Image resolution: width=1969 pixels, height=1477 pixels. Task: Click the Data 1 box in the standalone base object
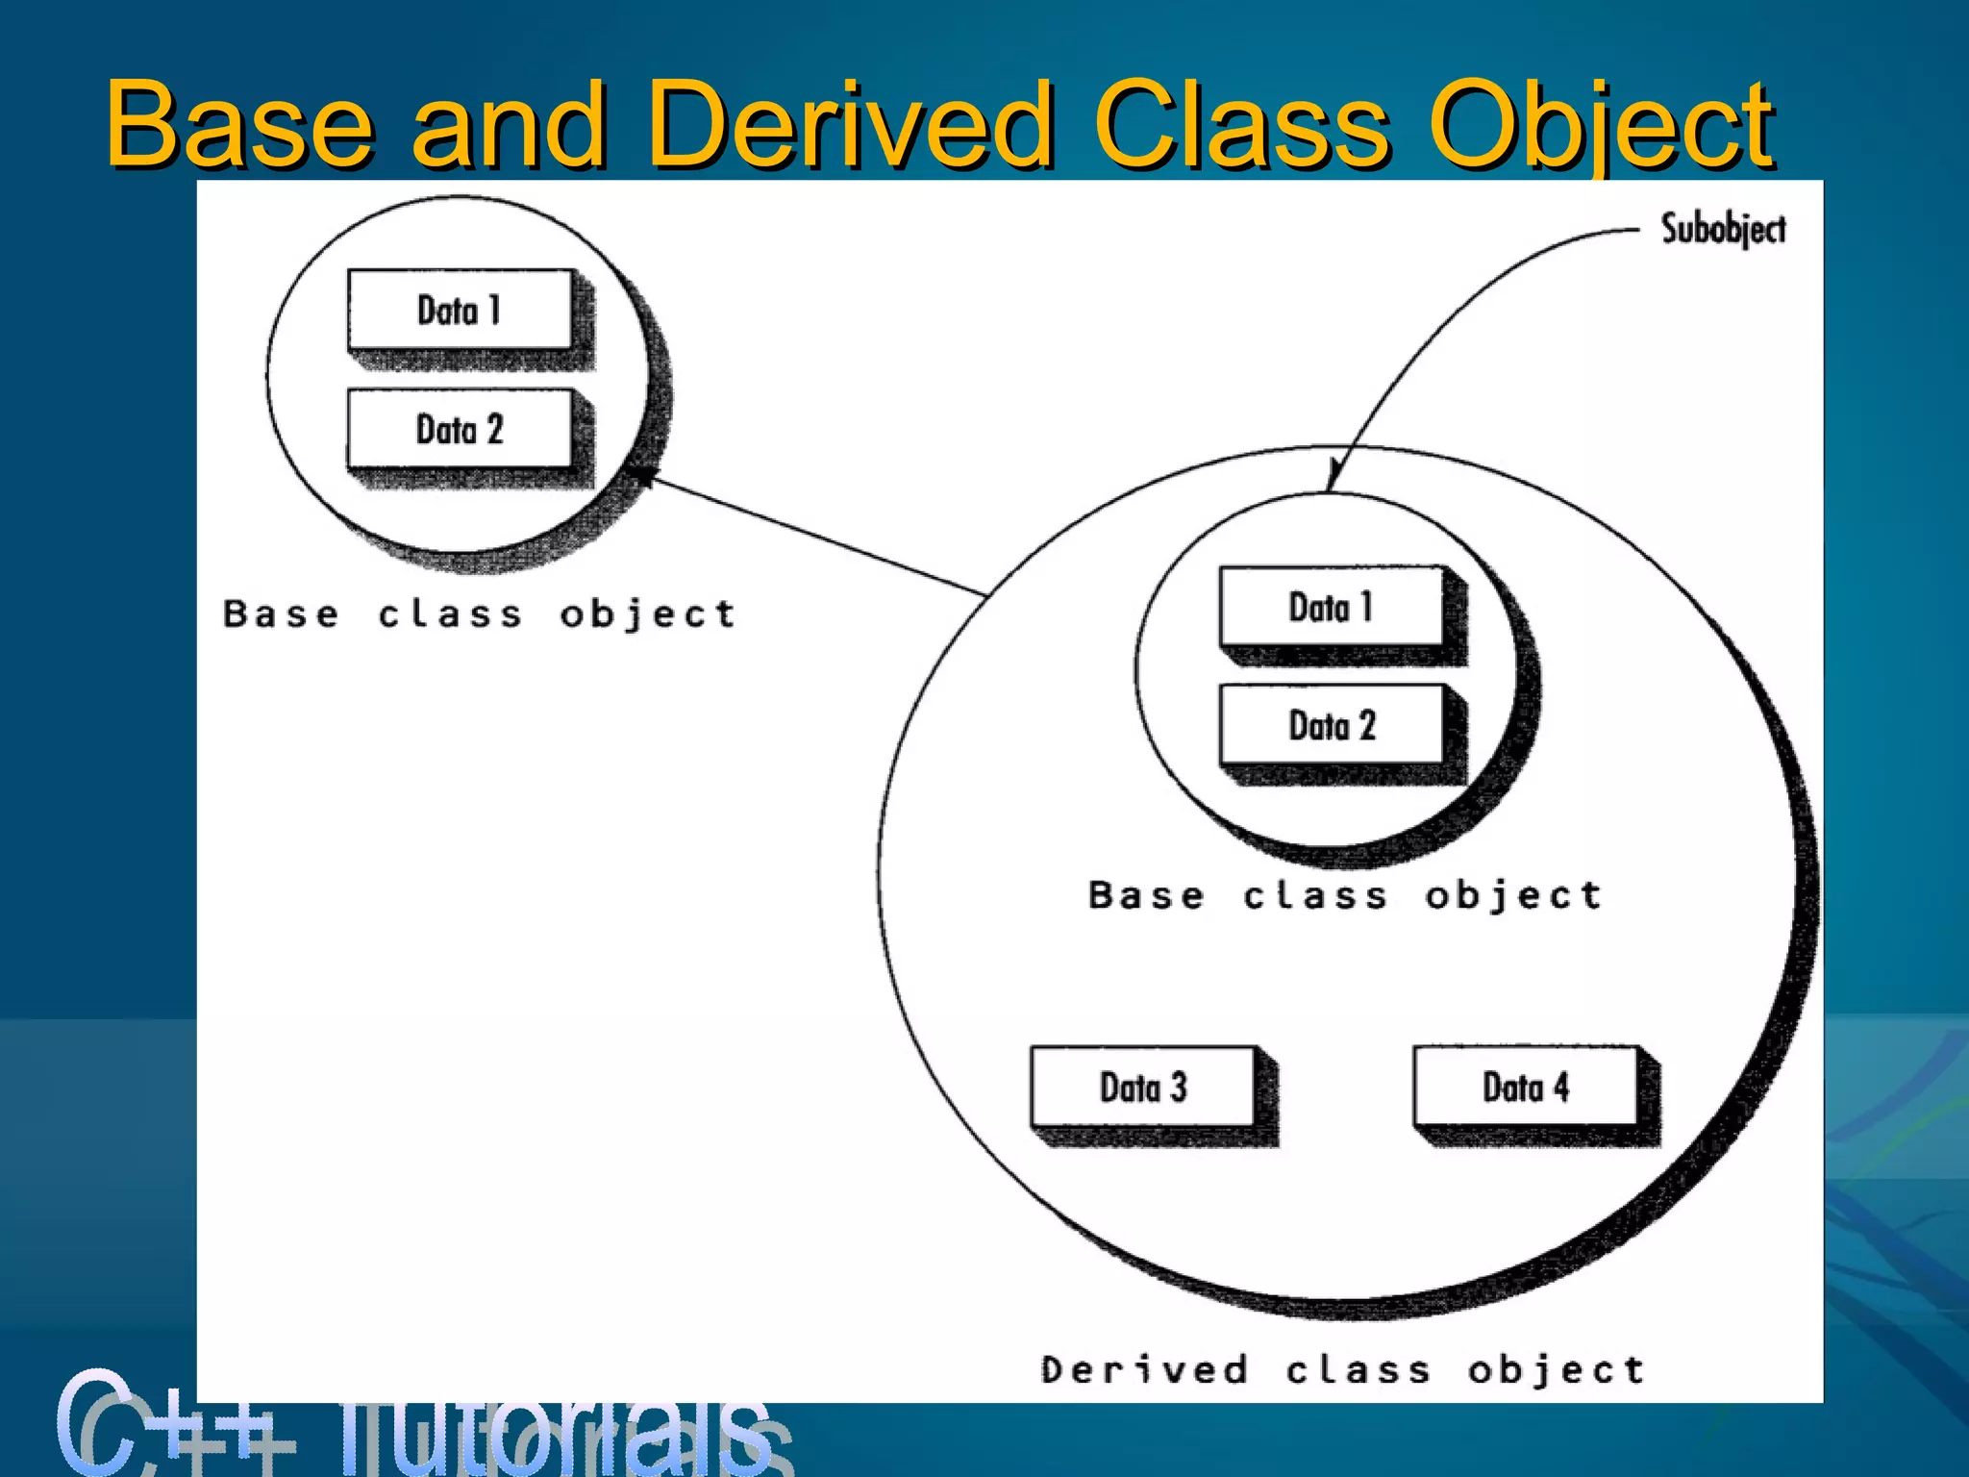pyautogui.click(x=460, y=310)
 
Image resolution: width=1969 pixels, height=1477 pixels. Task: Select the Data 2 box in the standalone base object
pyautogui.click(x=460, y=429)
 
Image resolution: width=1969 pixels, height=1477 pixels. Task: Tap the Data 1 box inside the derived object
pyautogui.click(x=1332, y=607)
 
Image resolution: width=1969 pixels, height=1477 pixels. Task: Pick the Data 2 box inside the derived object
pyautogui.click(x=1332, y=725)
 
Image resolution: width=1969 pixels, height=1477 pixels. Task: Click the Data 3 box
pyautogui.click(x=1143, y=1088)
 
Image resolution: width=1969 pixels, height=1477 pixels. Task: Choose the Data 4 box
pyautogui.click(x=1526, y=1088)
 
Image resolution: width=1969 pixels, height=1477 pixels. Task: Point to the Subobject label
pyautogui.click(x=1723, y=230)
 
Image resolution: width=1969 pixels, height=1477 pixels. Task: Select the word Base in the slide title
pyautogui.click(x=238, y=125)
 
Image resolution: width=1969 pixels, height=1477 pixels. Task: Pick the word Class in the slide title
pyautogui.click(x=1242, y=125)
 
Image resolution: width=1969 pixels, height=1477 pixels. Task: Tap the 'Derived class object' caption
pyautogui.click(x=1342, y=1369)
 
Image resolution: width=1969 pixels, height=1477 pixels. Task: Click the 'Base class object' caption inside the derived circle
pyautogui.click(x=1345, y=895)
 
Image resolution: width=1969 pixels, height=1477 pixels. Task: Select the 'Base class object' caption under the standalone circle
pyautogui.click(x=479, y=613)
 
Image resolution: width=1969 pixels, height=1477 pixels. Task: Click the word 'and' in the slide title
pyautogui.click(x=510, y=125)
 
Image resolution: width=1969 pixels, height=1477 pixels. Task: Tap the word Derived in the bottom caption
pyautogui.click(x=1144, y=1369)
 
